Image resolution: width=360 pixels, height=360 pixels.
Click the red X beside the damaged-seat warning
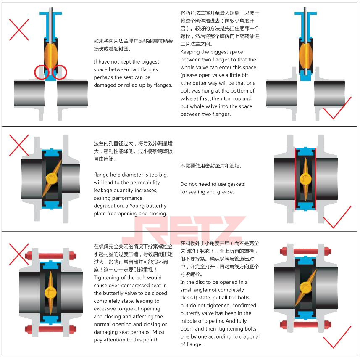(19, 29)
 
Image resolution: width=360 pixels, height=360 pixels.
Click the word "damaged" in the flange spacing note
(106, 85)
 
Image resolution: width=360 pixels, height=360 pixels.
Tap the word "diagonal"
(248, 336)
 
